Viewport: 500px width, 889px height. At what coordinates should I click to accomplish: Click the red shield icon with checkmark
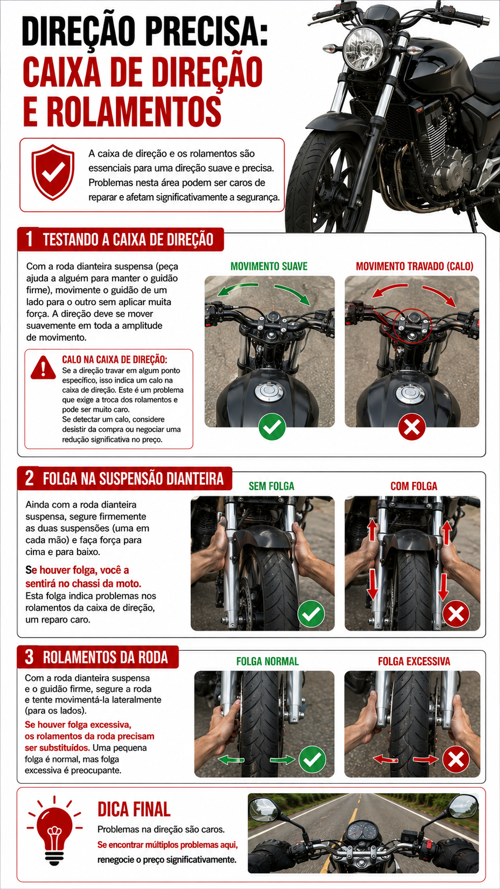click(53, 172)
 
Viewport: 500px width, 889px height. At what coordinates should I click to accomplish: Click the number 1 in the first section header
click(29, 239)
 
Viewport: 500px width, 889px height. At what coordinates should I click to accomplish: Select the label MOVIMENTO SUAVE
click(269, 266)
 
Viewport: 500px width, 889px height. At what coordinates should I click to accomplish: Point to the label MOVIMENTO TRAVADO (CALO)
click(414, 266)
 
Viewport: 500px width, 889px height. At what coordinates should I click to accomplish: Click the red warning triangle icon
click(43, 367)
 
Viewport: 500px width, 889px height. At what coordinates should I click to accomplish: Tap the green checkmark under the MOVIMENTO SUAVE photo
click(272, 427)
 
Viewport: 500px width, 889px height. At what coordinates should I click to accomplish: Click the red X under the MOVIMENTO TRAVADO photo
click(412, 427)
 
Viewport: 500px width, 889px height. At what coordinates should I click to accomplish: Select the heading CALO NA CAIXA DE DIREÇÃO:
click(115, 359)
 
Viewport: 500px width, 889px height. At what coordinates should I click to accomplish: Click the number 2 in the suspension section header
click(29, 478)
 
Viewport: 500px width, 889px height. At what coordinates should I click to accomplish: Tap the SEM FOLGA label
click(271, 486)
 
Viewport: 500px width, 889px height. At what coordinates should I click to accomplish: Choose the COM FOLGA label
click(413, 486)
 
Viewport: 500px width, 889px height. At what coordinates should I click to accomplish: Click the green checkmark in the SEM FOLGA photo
click(311, 614)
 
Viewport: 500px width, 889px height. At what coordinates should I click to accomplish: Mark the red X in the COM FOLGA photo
click(456, 614)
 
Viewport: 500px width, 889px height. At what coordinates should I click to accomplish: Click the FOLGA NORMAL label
click(267, 661)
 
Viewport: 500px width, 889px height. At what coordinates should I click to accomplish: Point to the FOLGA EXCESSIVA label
click(414, 661)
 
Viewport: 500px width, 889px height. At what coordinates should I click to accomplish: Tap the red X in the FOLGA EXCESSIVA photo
click(456, 760)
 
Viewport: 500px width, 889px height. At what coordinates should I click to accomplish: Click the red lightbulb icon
click(54, 831)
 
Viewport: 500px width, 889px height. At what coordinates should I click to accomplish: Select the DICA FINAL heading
click(134, 810)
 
